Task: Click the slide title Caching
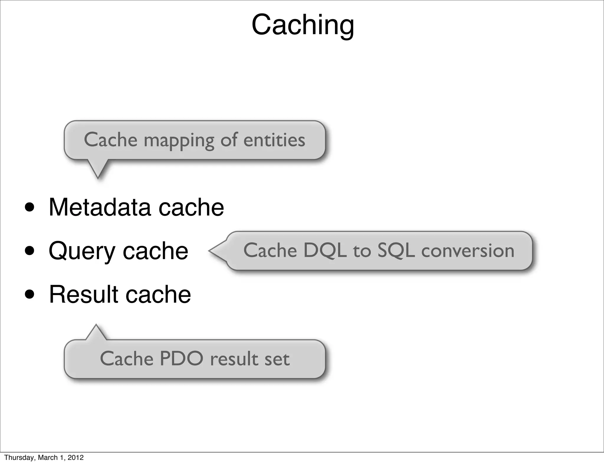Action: [x=303, y=25]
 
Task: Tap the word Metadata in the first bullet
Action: [x=100, y=207]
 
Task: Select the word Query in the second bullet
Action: [x=82, y=251]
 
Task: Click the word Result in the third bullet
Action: [x=83, y=294]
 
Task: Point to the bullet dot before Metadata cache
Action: [x=30, y=208]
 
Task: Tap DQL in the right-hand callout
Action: [x=325, y=251]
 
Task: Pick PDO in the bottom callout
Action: [x=181, y=359]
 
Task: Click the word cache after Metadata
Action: [x=191, y=207]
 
